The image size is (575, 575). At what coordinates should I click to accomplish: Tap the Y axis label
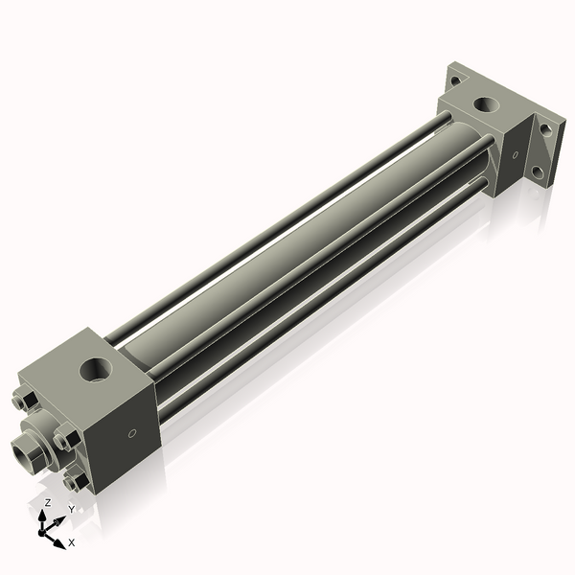70,510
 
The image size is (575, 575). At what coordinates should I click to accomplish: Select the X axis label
72,542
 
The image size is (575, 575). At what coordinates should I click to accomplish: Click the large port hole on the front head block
96,367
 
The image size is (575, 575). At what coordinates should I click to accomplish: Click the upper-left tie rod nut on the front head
26,402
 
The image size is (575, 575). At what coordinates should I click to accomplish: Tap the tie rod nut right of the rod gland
65,440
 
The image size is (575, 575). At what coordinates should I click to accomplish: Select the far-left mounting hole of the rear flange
454,82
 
